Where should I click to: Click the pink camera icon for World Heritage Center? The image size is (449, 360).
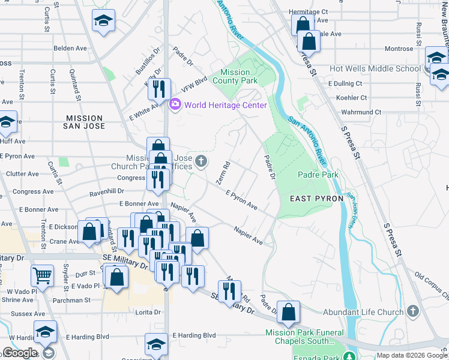tap(175, 105)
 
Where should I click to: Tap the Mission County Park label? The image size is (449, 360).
tap(235, 76)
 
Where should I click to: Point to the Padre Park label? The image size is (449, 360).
tap(318, 175)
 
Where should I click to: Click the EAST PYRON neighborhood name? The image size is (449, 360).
tap(316, 198)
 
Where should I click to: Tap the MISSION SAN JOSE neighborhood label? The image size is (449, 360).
tap(85, 122)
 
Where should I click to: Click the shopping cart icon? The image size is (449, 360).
tap(42, 275)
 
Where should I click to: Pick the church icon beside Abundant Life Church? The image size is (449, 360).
tap(412, 311)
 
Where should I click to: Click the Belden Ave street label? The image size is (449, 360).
tap(70, 48)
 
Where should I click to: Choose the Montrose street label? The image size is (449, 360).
tap(399, 49)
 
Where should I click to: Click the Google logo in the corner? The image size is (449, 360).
tap(20, 353)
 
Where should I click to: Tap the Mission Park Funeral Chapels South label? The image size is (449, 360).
tap(306, 337)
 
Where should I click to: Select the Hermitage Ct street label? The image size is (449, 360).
tap(308, 11)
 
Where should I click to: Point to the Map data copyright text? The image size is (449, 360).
tap(412, 355)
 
